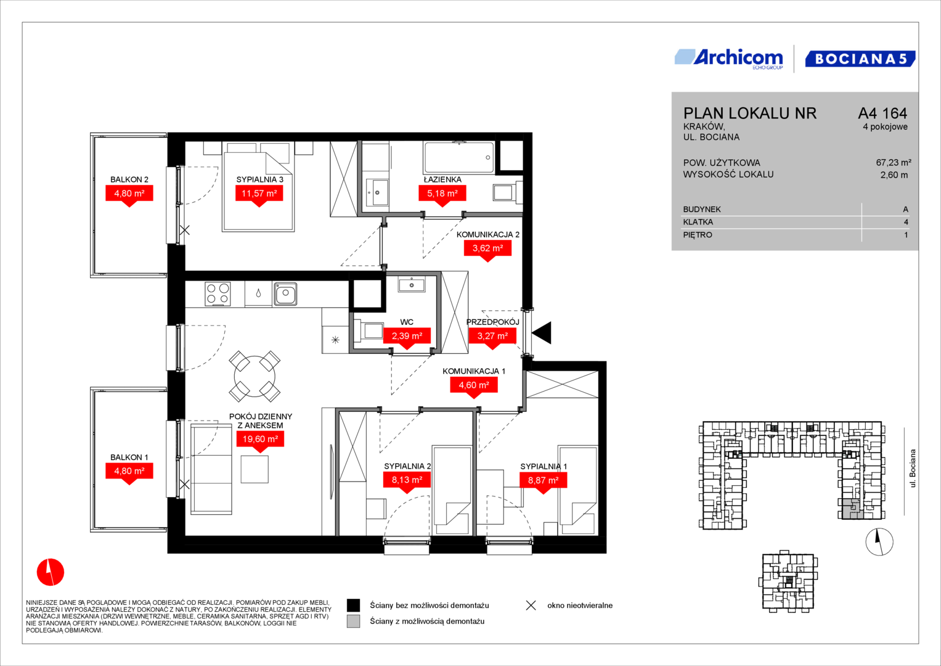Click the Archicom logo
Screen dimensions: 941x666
[x=729, y=59]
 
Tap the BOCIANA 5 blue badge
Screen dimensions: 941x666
[x=860, y=59]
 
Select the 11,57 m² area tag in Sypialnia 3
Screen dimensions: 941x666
[x=259, y=194]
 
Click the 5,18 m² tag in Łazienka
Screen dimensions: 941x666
[x=442, y=194]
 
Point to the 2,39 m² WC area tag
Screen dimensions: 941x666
[x=407, y=336]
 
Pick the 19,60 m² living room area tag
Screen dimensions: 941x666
[x=261, y=439]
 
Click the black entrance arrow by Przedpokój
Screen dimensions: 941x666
[x=542, y=333]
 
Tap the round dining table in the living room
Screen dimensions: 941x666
[x=255, y=376]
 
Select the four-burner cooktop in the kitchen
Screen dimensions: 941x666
[x=218, y=294]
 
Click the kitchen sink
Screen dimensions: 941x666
[x=286, y=293]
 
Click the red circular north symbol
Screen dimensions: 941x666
[x=51, y=572]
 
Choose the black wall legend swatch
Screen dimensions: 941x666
[x=353, y=606]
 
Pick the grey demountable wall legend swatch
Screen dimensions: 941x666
[x=353, y=622]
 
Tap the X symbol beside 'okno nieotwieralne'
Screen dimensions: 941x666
[x=531, y=606]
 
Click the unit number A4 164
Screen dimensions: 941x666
[x=882, y=113]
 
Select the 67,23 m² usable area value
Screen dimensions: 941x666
[x=894, y=163]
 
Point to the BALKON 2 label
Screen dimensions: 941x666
[x=129, y=179]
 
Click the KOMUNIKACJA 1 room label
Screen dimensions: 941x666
[x=474, y=371]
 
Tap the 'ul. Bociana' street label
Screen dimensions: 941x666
[x=913, y=469]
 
